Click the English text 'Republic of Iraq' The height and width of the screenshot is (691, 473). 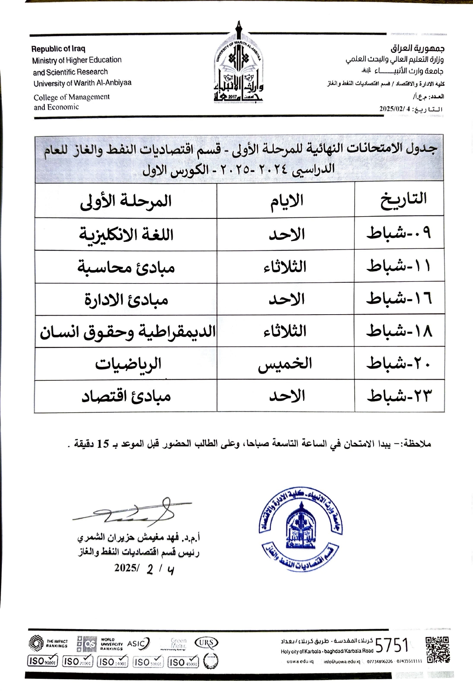pyautogui.click(x=58, y=49)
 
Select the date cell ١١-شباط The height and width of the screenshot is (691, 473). pyautogui.click(x=399, y=267)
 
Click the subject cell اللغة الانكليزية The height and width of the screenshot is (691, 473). pyautogui.click(x=126, y=235)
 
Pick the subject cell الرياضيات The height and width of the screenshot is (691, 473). pyautogui.click(x=128, y=364)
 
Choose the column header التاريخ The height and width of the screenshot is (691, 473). pyautogui.click(x=403, y=199)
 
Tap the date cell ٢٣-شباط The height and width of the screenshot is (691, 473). pyautogui.click(x=399, y=396)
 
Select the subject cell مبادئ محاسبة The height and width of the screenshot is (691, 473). pyautogui.click(x=126, y=267)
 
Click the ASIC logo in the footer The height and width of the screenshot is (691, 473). pyautogui.click(x=138, y=643)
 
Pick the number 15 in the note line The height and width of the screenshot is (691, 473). pyautogui.click(x=103, y=444)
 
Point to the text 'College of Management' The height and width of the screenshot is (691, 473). pyautogui.click(x=72, y=97)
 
